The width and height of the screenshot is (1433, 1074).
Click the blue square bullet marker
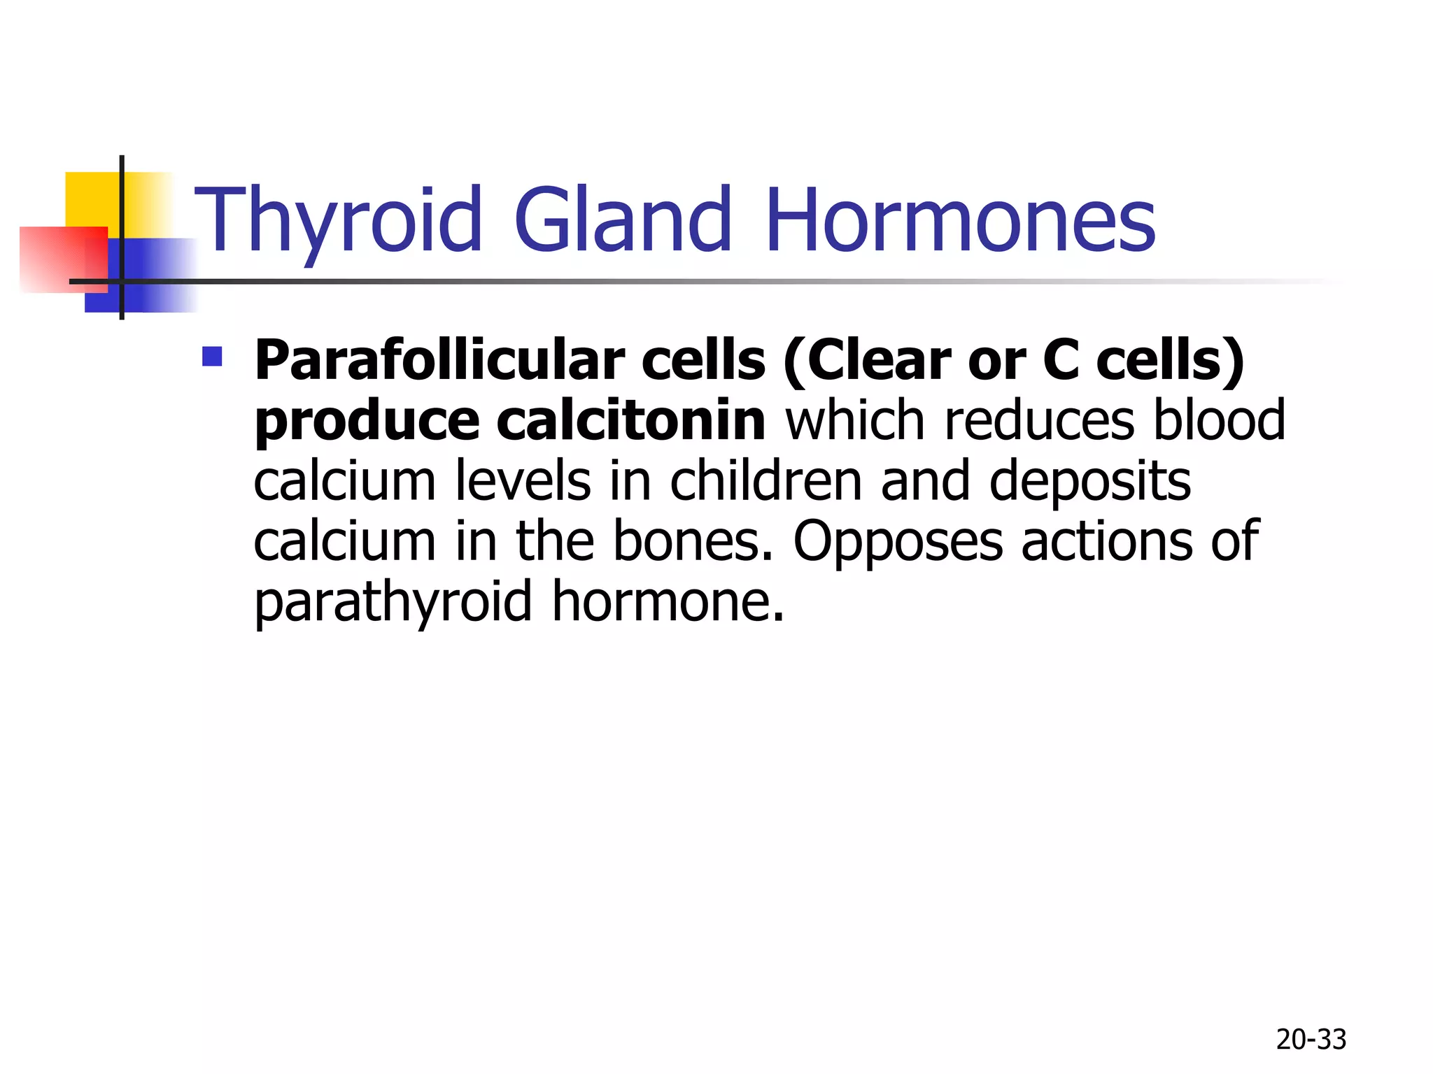(x=211, y=357)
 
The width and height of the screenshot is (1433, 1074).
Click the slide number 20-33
(x=1311, y=1040)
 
